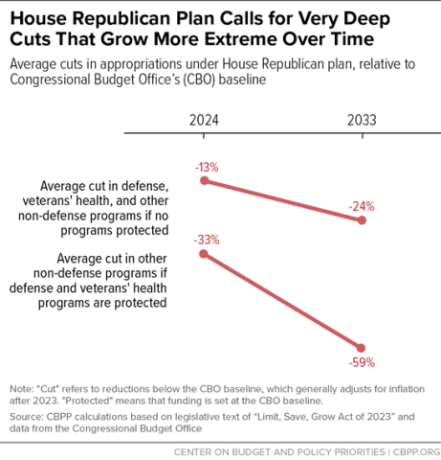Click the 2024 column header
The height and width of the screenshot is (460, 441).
204,122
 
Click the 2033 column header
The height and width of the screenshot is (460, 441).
361,122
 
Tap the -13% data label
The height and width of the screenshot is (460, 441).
207,167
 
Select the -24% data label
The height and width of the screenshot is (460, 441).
362,205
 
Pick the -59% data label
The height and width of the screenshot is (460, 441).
362,363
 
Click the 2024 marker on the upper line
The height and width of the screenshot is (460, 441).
204,180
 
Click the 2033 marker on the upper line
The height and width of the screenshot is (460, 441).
362,220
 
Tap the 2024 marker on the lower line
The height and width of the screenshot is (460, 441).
204,253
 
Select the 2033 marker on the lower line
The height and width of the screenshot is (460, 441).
362,347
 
